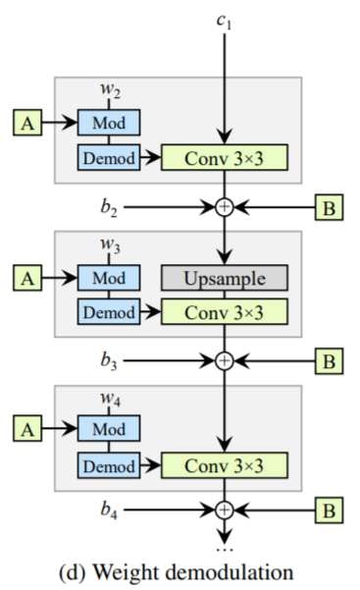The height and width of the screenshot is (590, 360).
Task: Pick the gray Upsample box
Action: pyautogui.click(x=226, y=278)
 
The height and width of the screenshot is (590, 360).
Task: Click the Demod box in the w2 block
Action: pyautogui.click(x=108, y=155)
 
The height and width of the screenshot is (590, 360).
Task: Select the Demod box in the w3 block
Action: pyautogui.click(x=108, y=312)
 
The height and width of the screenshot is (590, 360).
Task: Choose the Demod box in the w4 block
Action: pyautogui.click(x=108, y=463)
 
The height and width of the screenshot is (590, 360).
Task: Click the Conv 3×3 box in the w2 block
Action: pyautogui.click(x=226, y=156)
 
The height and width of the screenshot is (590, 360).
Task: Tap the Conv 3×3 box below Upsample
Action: pyautogui.click(x=226, y=312)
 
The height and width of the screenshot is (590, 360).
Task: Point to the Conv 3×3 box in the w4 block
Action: pyautogui.click(x=226, y=463)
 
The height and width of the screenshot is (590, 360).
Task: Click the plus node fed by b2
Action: pyautogui.click(x=226, y=208)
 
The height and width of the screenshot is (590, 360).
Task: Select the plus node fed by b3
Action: pyautogui.click(x=226, y=360)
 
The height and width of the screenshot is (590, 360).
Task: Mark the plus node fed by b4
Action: pyautogui.click(x=226, y=510)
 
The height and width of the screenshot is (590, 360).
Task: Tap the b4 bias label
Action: pyautogui.click(x=110, y=510)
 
